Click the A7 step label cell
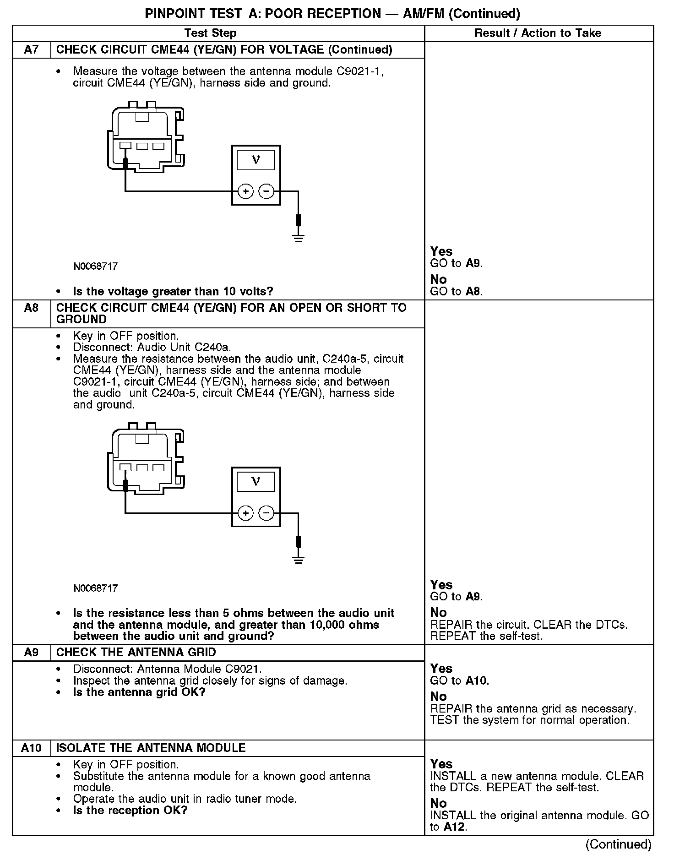[x=31, y=49]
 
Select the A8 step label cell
[x=31, y=308]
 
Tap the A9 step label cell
[x=31, y=652]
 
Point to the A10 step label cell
[x=31, y=748]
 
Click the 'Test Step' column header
[x=210, y=33]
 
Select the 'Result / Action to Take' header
[x=538, y=33]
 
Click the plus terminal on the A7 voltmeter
[x=246, y=191]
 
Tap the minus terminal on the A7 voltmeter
[x=266, y=191]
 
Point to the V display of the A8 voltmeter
[x=256, y=481]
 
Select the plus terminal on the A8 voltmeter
[x=246, y=513]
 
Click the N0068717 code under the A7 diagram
[x=96, y=266]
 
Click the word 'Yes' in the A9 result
[x=441, y=669]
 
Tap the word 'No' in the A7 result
[x=438, y=279]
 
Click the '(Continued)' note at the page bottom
[x=618, y=844]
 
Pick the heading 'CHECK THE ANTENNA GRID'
[x=136, y=652]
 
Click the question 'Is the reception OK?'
[x=130, y=810]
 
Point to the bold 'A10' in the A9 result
[x=476, y=680]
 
